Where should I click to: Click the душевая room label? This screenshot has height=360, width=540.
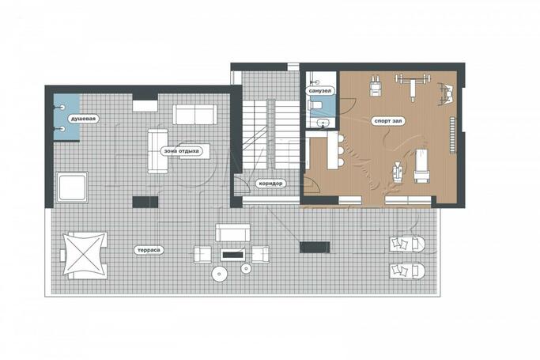click(84, 119)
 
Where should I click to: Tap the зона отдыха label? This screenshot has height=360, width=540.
click(181, 151)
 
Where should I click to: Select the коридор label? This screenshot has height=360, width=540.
click(270, 184)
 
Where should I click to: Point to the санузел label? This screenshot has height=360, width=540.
click(320, 91)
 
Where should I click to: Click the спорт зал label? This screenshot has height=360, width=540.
click(387, 121)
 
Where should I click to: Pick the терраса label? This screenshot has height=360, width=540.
click(149, 250)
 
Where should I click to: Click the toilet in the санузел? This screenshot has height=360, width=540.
click(316, 104)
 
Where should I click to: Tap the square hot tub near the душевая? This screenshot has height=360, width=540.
click(72, 187)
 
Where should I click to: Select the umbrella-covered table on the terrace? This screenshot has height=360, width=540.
click(85, 256)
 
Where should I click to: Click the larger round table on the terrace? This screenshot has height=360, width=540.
click(219, 275)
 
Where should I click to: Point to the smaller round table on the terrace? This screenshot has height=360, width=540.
click(246, 268)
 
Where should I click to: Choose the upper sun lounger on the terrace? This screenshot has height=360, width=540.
click(407, 244)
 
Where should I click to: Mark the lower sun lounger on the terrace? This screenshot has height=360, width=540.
click(407, 271)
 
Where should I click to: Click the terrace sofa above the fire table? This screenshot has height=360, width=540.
click(232, 233)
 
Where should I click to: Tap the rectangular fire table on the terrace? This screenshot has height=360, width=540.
click(232, 255)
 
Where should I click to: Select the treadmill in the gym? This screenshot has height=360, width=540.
click(421, 165)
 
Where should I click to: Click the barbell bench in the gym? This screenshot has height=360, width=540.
click(413, 86)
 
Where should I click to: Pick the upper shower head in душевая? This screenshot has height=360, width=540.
click(62, 108)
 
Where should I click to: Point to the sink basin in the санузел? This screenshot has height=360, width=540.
click(323, 123)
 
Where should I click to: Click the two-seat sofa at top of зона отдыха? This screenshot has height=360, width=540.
click(195, 115)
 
